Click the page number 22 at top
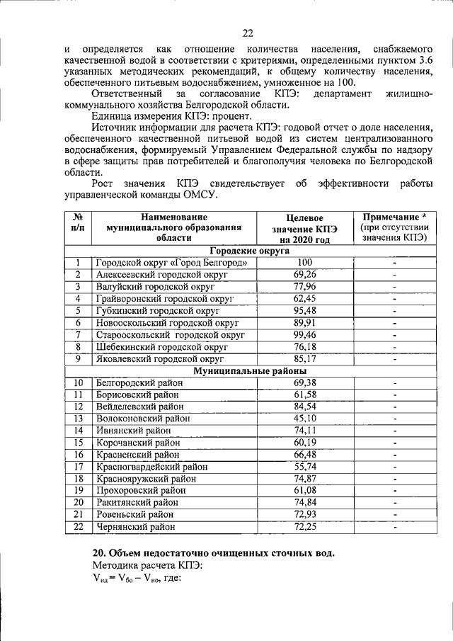(247, 33)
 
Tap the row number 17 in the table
(79, 467)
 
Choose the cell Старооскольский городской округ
(170, 334)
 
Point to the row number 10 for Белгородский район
(79, 382)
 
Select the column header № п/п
(79, 222)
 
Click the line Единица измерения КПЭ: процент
(172, 116)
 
